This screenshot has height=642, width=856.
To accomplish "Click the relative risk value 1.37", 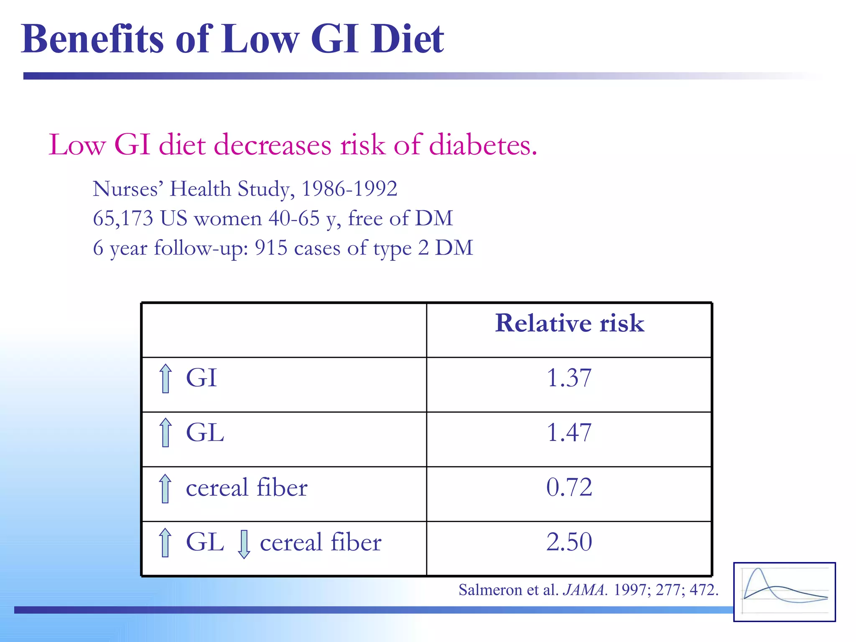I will point(569,378).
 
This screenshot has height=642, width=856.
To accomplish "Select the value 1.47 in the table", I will point(569,432).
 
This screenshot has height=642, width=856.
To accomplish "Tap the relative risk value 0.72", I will point(569,487).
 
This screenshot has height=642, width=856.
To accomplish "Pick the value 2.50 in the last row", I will point(569,542).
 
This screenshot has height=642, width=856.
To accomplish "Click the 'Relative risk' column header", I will point(569,323).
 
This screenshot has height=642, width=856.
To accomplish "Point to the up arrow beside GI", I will point(166,378).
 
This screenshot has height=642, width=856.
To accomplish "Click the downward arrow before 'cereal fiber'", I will point(244,544).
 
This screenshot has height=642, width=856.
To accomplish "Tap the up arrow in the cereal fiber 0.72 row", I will point(165,488).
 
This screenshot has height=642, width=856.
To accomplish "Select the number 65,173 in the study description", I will point(123,218).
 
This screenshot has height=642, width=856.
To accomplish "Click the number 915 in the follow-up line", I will point(271,248).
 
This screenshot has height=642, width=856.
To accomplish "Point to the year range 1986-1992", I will point(349,189).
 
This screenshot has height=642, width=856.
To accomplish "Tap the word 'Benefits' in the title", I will point(92,39).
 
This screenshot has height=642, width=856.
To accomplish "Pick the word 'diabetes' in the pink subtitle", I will point(483,145).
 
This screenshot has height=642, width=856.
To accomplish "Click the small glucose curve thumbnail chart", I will point(784,592).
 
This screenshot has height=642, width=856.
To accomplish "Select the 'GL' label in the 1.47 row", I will point(205,432).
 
